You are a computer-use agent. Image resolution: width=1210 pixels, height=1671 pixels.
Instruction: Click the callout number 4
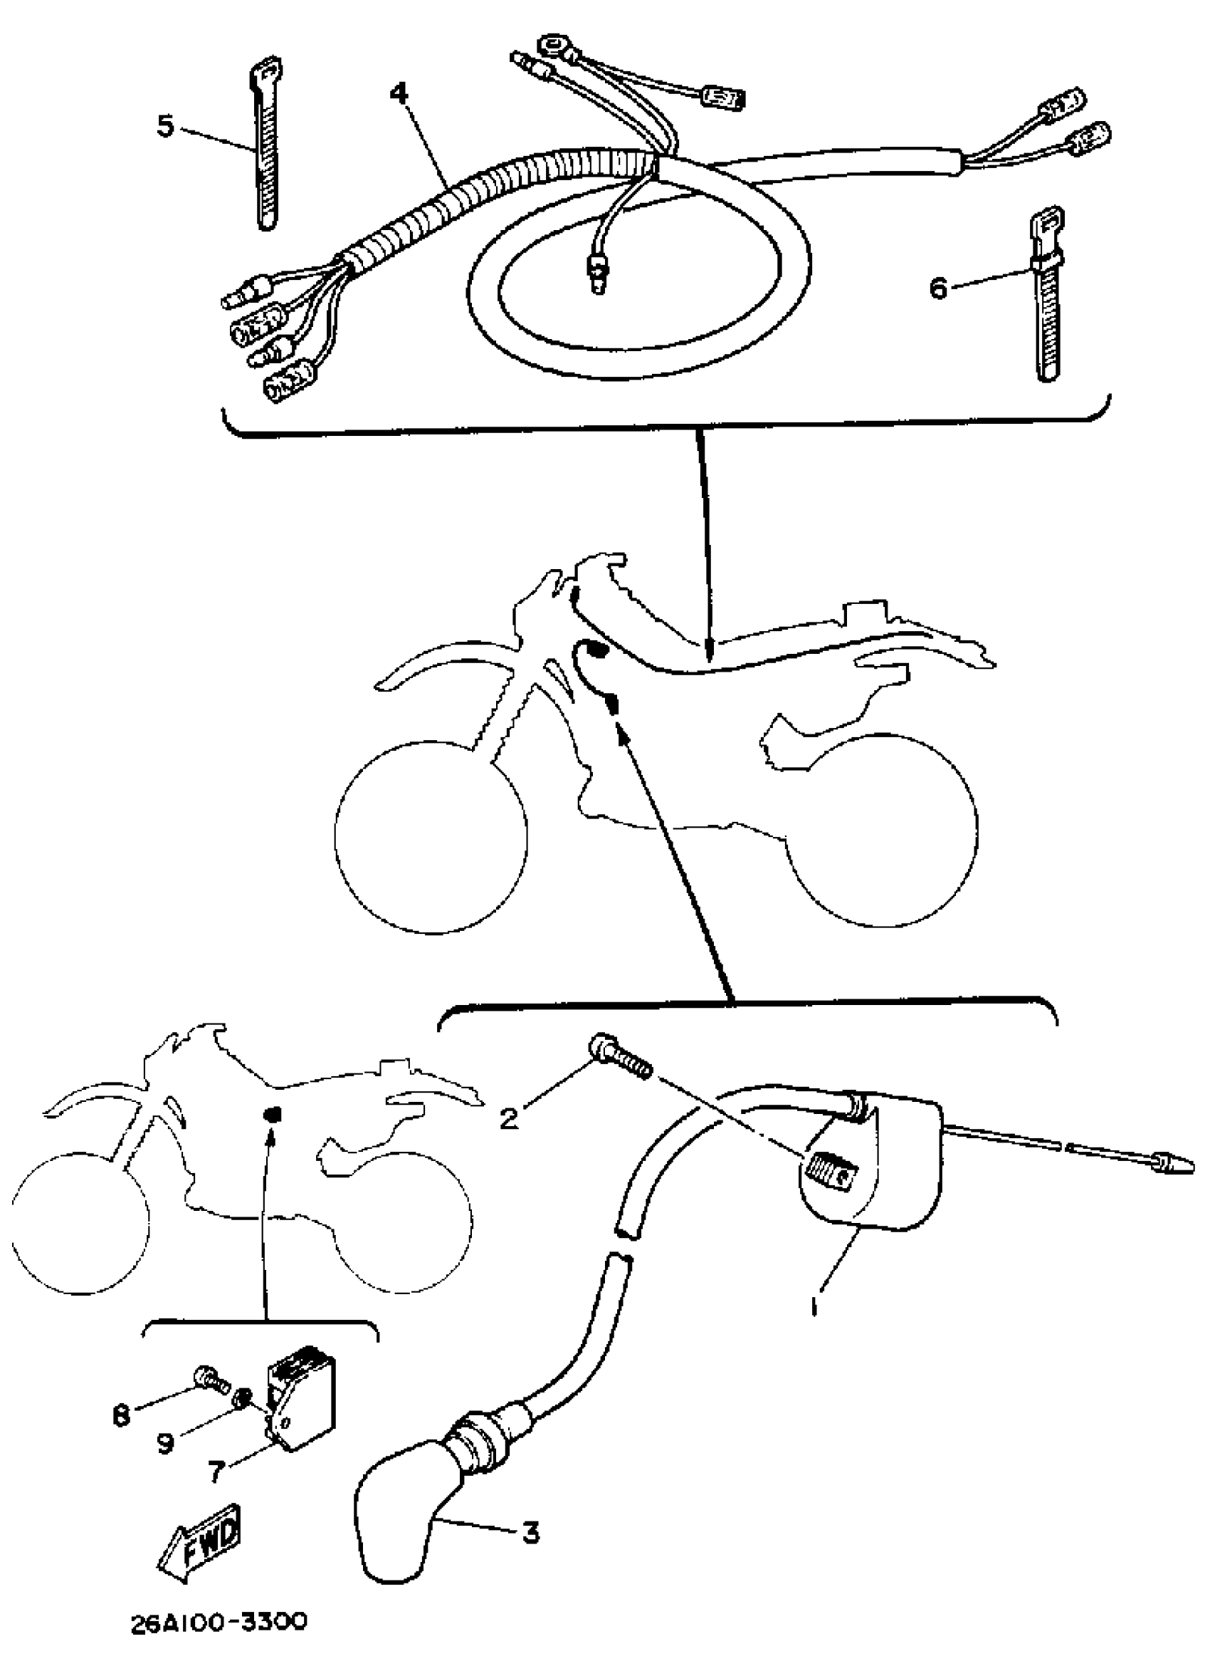(x=399, y=93)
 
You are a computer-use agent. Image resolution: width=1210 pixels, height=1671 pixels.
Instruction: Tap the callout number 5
(x=166, y=125)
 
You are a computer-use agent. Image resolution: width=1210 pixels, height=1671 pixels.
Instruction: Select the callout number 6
(x=937, y=288)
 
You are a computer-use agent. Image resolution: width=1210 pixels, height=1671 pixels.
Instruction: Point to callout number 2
(x=508, y=1118)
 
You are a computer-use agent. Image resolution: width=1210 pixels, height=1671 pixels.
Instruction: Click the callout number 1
(x=814, y=1307)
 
